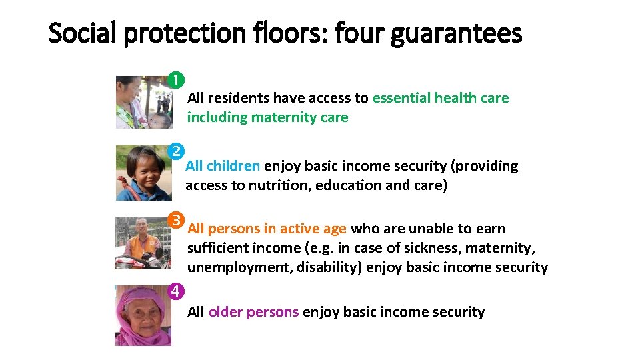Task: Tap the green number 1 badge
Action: tap(175, 80)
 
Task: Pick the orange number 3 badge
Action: tap(175, 219)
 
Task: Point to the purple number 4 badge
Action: tap(175, 291)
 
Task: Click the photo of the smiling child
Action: tap(143, 173)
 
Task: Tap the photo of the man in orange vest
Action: tap(143, 242)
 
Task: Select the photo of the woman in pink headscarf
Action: tap(143, 315)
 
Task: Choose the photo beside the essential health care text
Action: tap(143, 102)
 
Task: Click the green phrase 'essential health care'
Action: tap(440, 98)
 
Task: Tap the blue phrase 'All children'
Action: tap(223, 166)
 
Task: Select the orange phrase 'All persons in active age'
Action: tap(267, 229)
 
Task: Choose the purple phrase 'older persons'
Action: tap(253, 311)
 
